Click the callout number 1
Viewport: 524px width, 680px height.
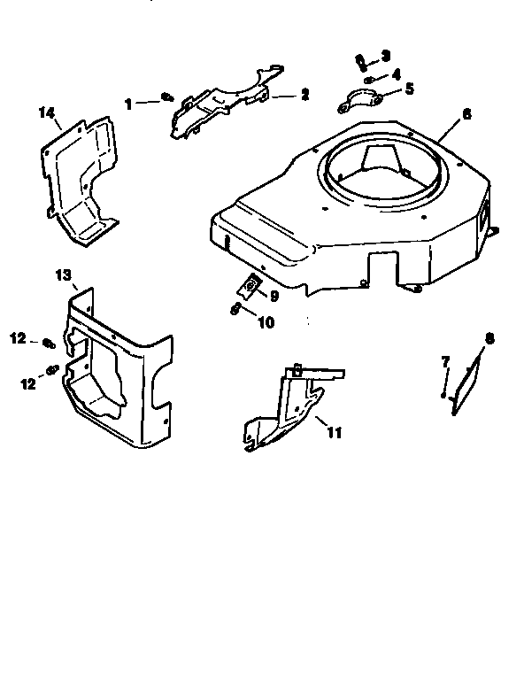tap(129, 104)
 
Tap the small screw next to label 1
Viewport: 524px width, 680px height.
tap(166, 98)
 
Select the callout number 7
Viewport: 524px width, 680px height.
tap(446, 360)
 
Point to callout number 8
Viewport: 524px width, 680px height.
tap(490, 336)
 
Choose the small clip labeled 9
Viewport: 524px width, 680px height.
tap(251, 284)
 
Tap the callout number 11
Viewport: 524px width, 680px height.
tap(334, 432)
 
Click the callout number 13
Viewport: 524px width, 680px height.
tap(64, 275)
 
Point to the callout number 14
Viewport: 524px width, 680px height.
tap(47, 112)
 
